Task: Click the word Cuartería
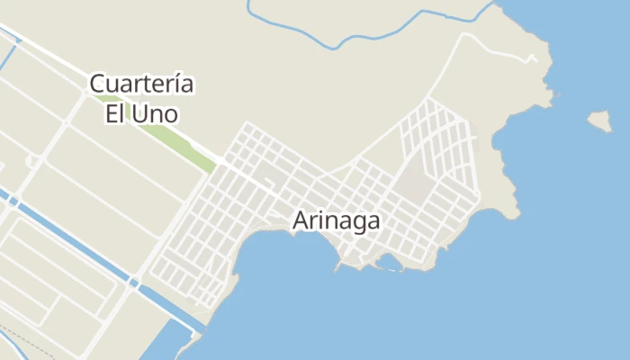click(x=141, y=85)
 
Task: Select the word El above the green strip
click(x=114, y=113)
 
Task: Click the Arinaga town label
click(x=337, y=220)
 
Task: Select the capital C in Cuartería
click(x=97, y=85)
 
